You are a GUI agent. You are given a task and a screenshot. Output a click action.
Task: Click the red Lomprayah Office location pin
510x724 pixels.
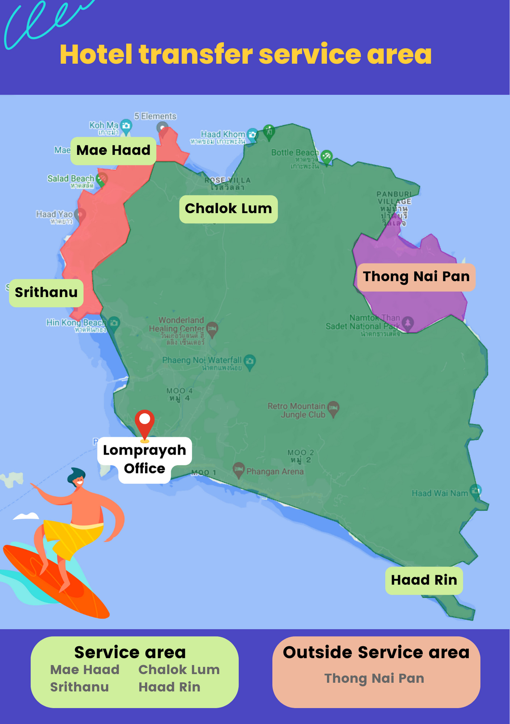coord(145,422)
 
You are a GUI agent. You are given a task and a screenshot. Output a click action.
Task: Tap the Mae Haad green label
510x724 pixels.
coord(113,151)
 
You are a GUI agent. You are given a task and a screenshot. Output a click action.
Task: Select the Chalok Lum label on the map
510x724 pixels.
coord(228,209)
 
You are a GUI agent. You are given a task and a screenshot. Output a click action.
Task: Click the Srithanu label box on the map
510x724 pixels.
coord(46,292)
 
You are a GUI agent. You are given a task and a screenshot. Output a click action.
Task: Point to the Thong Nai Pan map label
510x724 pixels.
coord(416,277)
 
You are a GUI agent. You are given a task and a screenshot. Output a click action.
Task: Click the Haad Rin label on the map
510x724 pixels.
coord(424,580)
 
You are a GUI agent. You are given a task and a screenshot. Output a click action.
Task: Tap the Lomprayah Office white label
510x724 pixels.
coord(144,459)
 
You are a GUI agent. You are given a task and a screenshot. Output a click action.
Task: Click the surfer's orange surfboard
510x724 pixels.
coord(54,579)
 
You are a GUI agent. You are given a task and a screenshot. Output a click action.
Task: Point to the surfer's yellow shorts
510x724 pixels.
coord(72,534)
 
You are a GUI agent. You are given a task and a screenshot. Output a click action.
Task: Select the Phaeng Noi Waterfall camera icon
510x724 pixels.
coord(250,361)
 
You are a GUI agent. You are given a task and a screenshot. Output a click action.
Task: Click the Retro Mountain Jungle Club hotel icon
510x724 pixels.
coord(333,408)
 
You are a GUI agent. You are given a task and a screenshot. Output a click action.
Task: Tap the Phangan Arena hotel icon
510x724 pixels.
coord(238,470)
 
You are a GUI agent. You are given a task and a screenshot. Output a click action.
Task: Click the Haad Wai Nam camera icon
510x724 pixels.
coord(476,491)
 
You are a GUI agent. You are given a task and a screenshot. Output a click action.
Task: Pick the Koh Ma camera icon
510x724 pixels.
coord(126,126)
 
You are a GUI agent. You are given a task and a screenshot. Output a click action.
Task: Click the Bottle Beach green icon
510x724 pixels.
coord(326,156)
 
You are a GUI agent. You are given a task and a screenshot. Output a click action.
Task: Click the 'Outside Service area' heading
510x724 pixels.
coord(376,652)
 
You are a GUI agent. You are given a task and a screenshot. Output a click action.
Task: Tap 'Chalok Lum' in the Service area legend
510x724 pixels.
coord(179,670)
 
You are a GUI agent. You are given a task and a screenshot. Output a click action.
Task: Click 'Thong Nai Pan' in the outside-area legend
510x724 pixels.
coord(374,678)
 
